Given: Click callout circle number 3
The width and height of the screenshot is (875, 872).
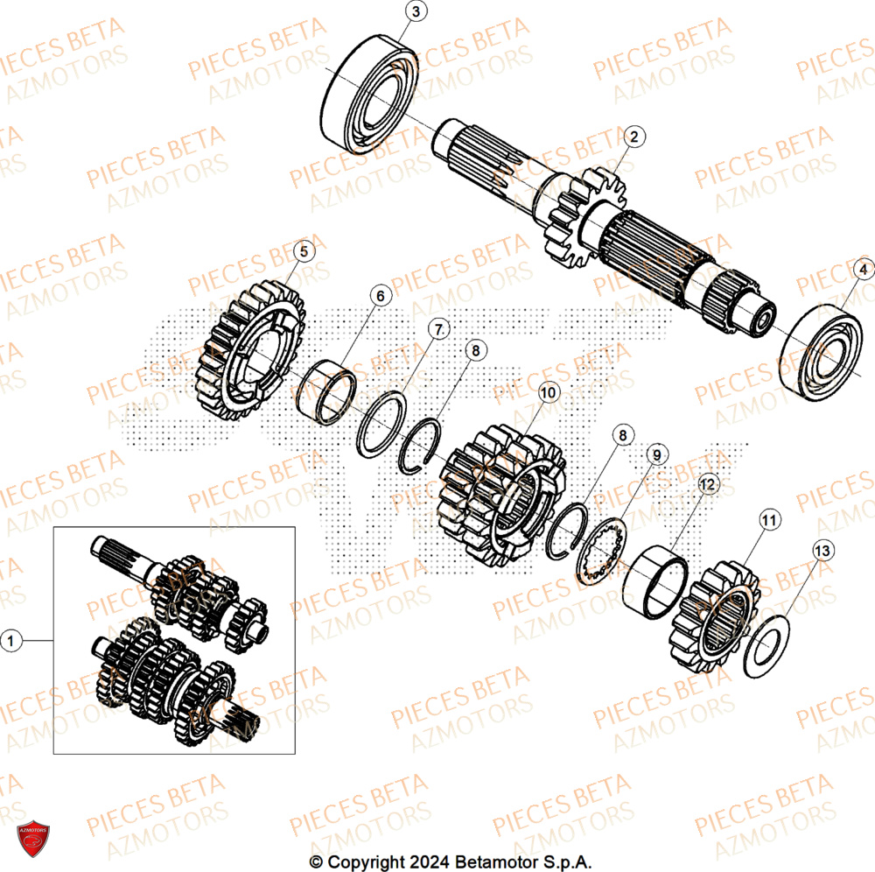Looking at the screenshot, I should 416,11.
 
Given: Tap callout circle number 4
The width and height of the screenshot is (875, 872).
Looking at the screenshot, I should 863,271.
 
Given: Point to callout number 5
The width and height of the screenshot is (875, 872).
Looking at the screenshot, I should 303,251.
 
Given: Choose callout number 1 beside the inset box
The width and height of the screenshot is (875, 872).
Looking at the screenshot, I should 11,642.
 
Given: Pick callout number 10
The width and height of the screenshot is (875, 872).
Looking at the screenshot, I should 548,393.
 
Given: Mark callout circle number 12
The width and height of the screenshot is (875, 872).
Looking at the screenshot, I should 707,482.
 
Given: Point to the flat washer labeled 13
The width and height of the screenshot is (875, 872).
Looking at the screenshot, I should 768,645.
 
